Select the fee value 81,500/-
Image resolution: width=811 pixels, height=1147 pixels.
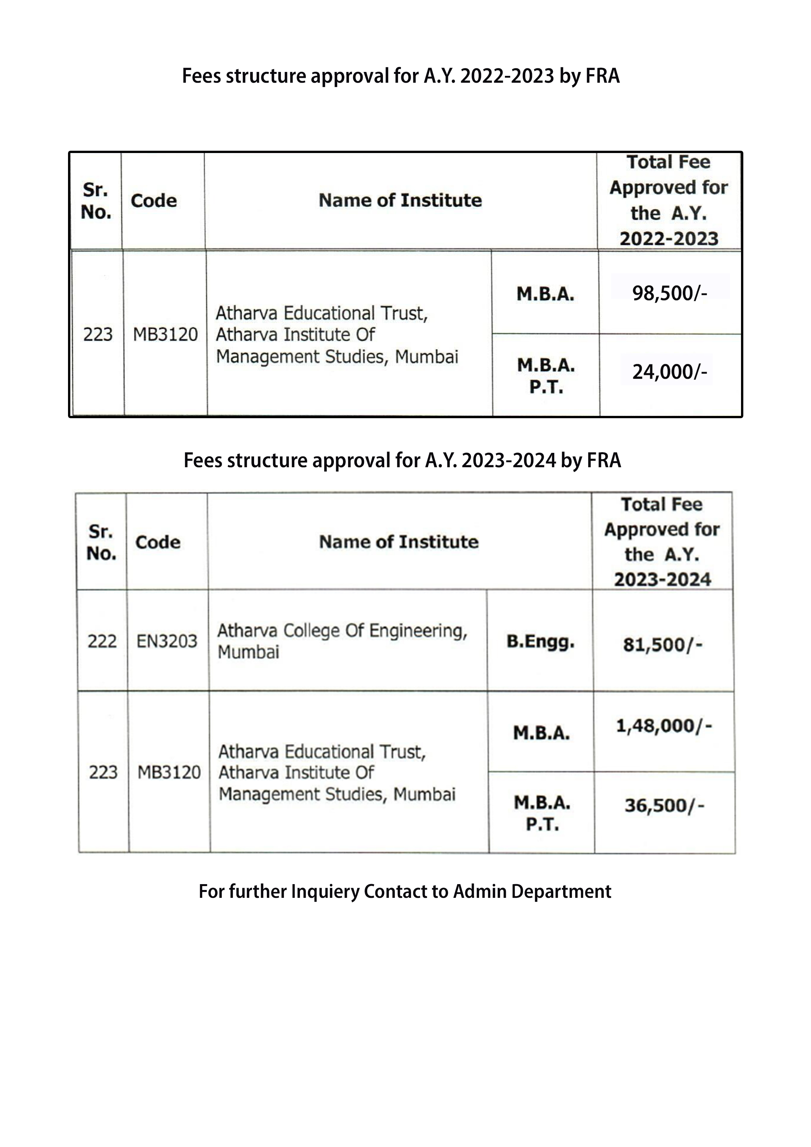coord(662,645)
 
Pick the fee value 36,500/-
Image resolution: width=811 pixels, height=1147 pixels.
coord(664,805)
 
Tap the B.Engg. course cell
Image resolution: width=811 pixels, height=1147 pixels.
coord(540,642)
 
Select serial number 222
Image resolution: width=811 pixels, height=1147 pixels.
coord(102,641)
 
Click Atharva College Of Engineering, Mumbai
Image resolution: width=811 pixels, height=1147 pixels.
coord(342,641)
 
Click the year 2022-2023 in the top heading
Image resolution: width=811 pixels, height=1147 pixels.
coord(507,76)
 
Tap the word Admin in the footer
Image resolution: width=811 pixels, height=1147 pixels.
coord(479,891)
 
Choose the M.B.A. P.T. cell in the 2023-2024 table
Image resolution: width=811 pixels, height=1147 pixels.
coord(542,813)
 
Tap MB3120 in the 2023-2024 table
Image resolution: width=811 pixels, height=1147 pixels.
coord(169,772)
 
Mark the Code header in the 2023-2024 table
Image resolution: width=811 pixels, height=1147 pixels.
coord(157,542)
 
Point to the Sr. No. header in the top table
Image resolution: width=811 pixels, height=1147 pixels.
coord(95,201)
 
